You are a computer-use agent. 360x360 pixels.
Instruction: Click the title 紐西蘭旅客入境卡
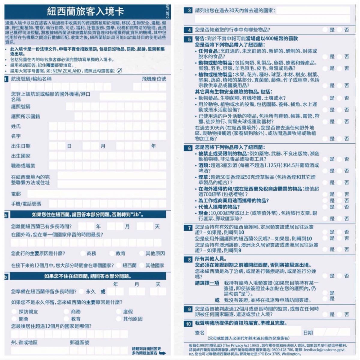click(85, 12)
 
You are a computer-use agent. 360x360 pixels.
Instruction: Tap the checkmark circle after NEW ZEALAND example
click(119, 71)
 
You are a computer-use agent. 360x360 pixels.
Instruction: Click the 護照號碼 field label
click(21, 107)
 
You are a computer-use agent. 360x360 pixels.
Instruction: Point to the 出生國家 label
click(21, 156)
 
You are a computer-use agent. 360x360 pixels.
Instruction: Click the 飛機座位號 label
click(154, 79)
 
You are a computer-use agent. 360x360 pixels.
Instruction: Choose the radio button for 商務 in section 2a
click(82, 253)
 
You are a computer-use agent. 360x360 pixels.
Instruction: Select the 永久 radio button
click(82, 291)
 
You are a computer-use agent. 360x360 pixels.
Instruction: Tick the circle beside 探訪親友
click(14, 312)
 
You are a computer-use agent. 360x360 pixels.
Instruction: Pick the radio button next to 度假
click(118, 312)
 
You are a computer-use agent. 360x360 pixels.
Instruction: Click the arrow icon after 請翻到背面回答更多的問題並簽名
click(162, 353)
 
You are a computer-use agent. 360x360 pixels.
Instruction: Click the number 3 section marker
click(189, 11)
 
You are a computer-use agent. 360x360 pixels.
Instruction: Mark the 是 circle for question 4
click(325, 30)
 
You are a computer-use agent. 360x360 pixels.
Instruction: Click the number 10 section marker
click(188, 324)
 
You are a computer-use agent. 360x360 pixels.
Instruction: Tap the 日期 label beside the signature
click(308, 332)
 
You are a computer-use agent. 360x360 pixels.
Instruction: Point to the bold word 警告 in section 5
click(200, 39)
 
